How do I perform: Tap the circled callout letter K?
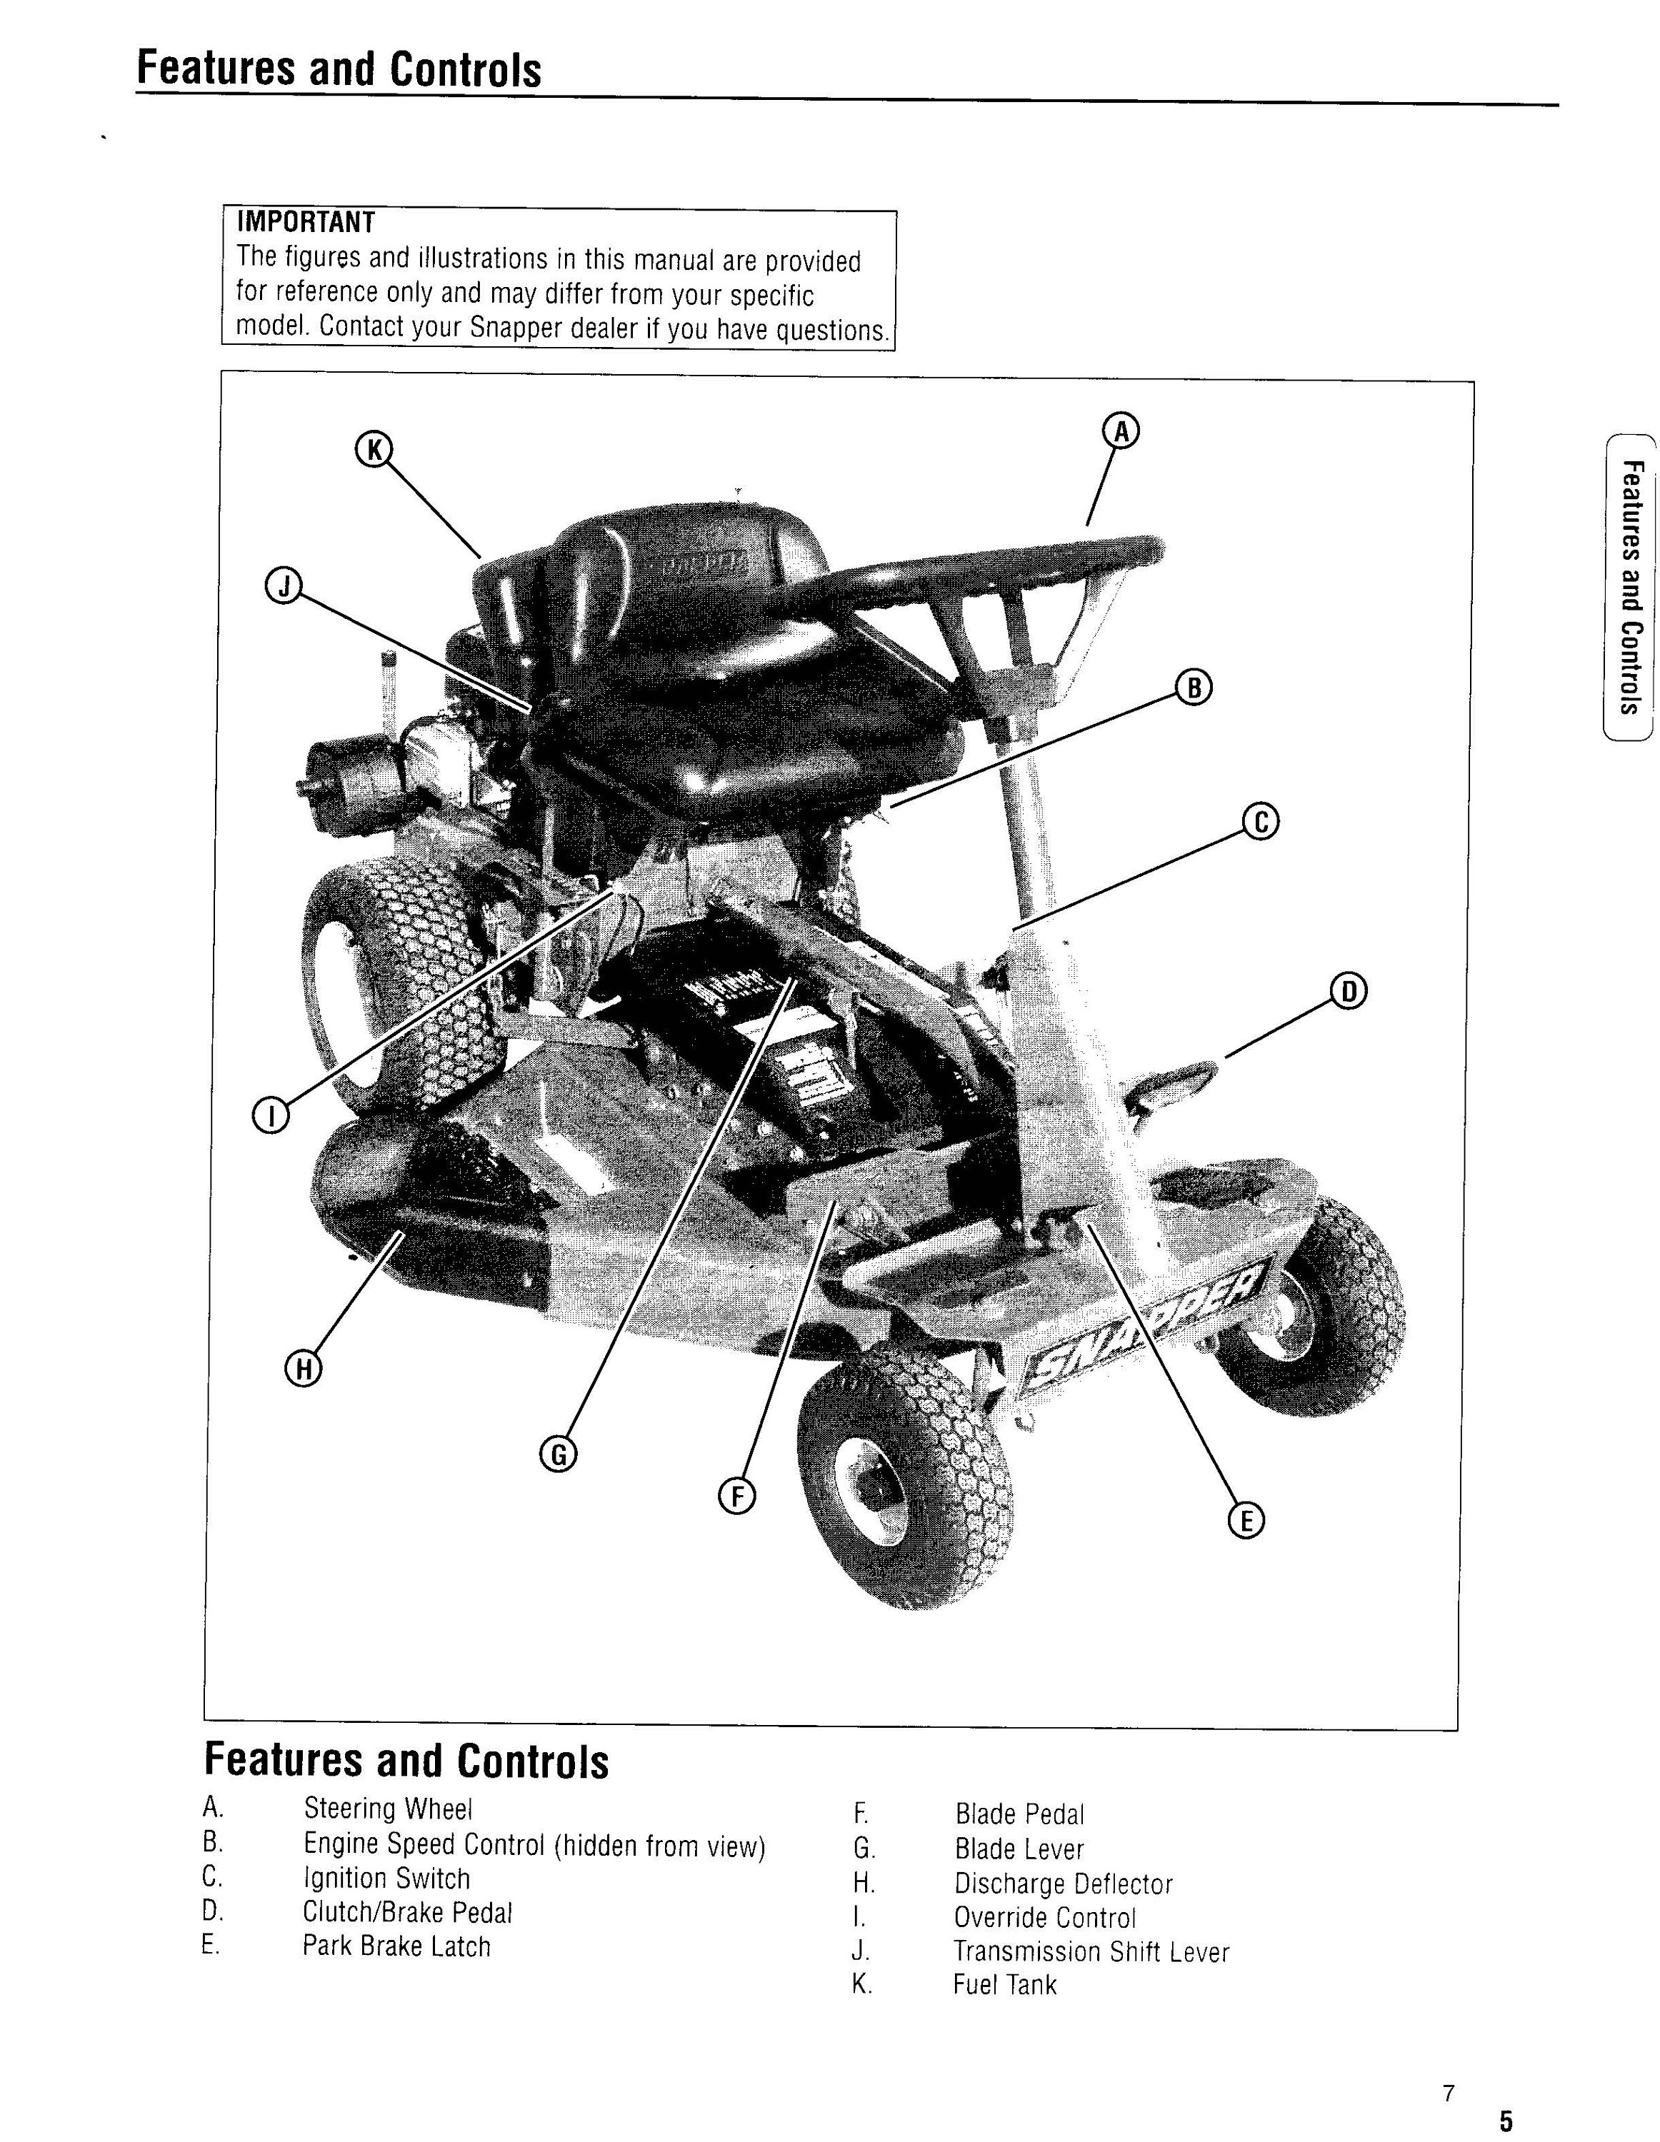373,449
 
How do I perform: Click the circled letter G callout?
559,1454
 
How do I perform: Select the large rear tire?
402,981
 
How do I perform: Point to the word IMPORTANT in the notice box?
305,223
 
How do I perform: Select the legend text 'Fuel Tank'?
1004,1984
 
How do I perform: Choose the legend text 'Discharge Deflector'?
1064,1884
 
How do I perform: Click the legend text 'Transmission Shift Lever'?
1091,1952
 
